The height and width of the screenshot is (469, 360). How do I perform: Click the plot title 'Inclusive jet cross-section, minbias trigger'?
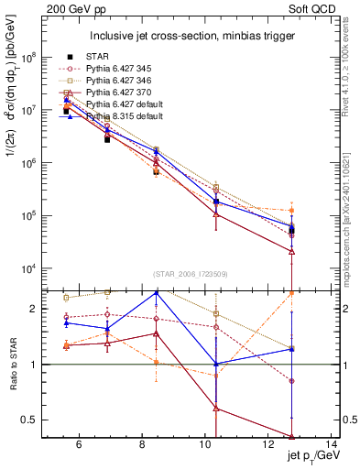(x=191, y=36)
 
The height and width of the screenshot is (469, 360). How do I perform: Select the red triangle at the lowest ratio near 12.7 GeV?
(x=291, y=437)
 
